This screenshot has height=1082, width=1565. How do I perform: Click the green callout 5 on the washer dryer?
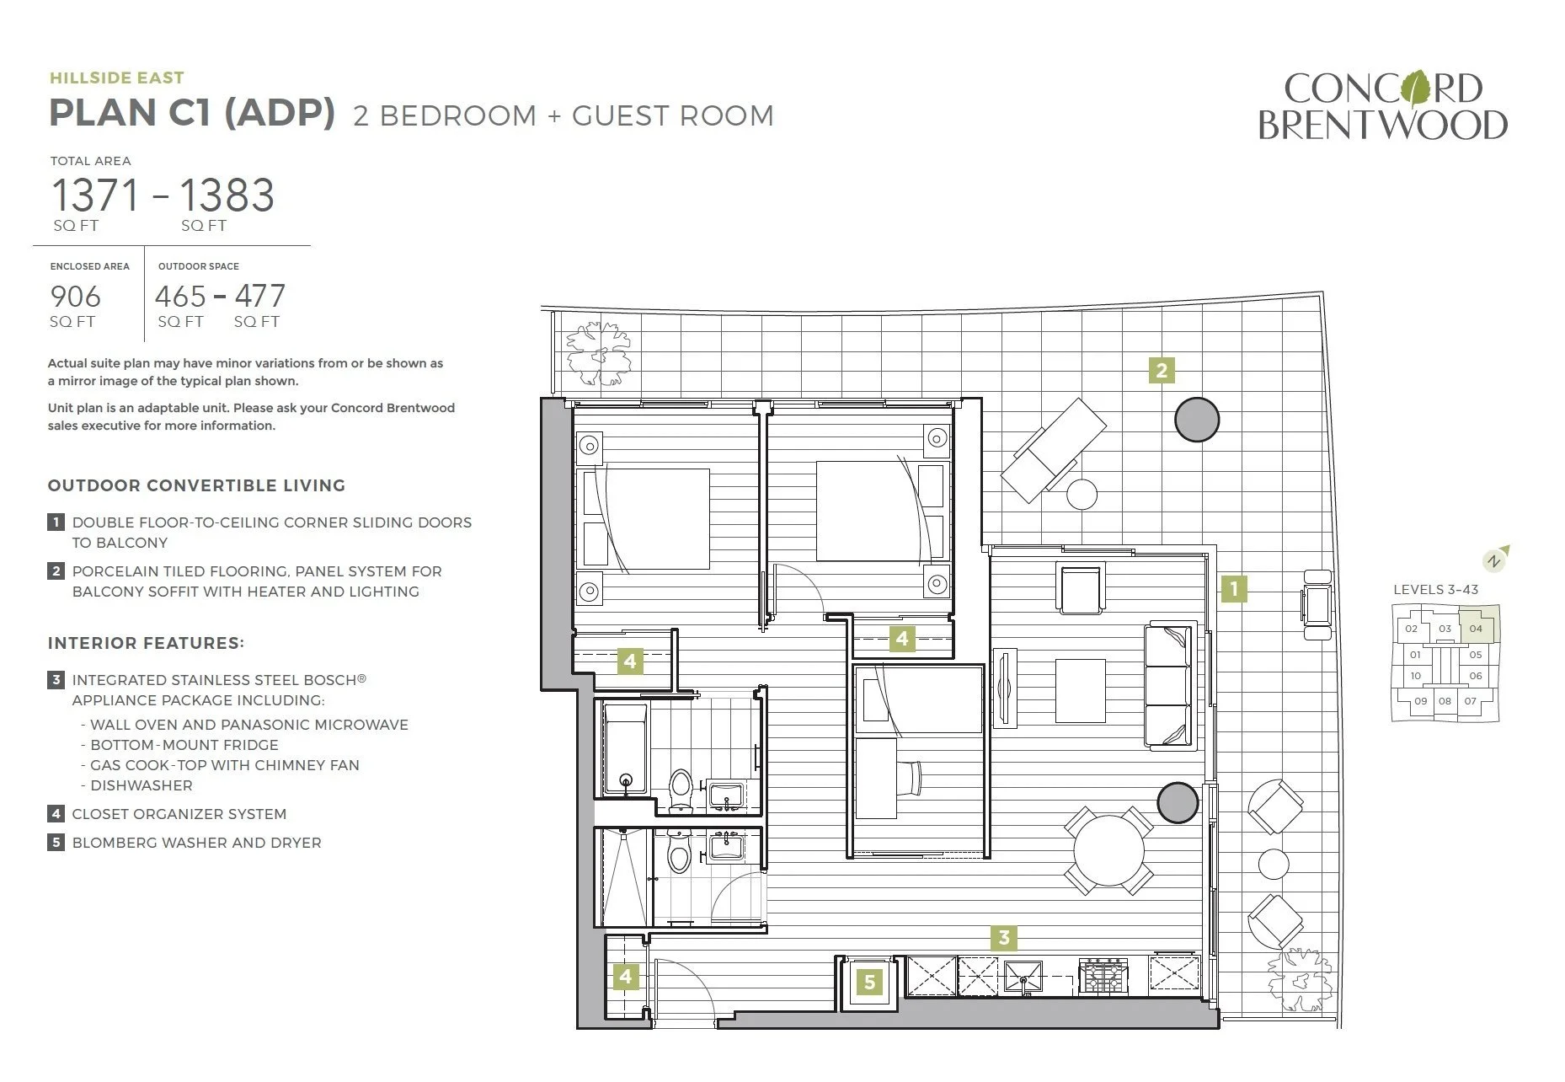click(x=869, y=981)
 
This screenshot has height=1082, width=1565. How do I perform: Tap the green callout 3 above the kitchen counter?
click(x=1003, y=937)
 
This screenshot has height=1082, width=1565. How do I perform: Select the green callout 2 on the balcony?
click(x=1162, y=370)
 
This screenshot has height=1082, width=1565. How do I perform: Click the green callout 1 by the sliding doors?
click(x=1234, y=588)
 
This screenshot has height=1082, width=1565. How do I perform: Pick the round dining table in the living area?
click(x=1108, y=850)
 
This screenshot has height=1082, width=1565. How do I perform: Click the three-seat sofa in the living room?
click(x=1170, y=685)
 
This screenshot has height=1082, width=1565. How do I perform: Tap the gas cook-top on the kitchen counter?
click(x=1103, y=976)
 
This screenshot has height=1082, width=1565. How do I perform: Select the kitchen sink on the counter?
click(x=1023, y=978)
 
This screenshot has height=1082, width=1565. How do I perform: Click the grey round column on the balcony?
click(x=1196, y=419)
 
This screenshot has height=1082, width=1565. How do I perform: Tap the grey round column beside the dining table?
click(x=1178, y=802)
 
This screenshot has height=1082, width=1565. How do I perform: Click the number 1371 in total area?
click(x=95, y=196)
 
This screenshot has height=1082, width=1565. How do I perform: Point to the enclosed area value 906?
click(x=76, y=297)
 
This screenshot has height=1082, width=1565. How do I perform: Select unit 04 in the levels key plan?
click(x=1476, y=629)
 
